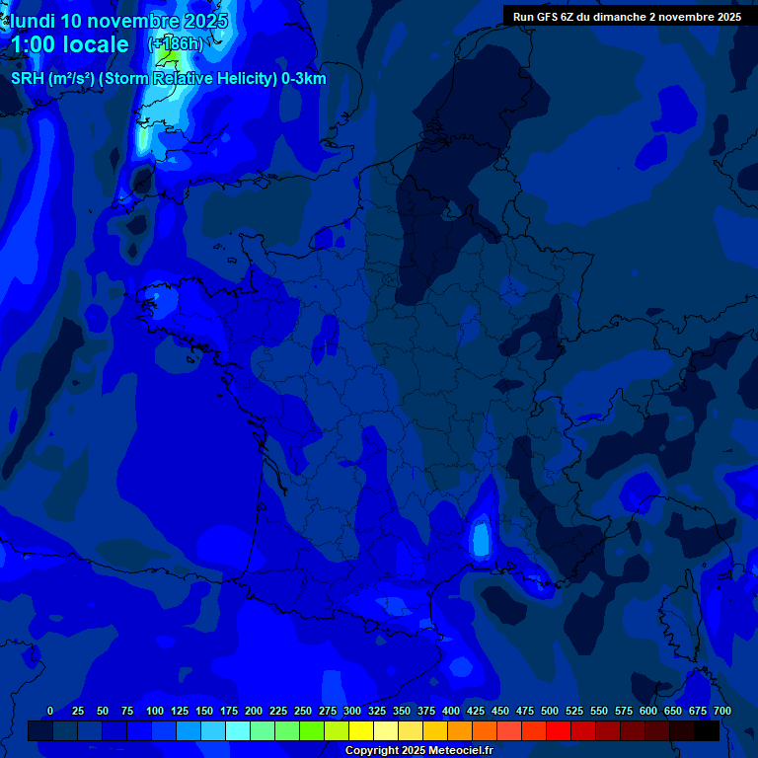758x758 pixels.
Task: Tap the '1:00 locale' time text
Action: [x=69, y=44]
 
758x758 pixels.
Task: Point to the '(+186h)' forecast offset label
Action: [x=175, y=43]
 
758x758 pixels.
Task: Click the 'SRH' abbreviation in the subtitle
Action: [x=28, y=79]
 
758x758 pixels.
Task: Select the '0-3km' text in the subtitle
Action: [x=304, y=79]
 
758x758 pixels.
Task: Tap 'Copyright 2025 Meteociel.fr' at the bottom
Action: [x=418, y=751]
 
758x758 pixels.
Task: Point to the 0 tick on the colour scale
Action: [x=50, y=711]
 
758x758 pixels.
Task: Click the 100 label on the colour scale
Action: [x=155, y=711]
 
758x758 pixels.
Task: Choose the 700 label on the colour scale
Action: [x=721, y=711]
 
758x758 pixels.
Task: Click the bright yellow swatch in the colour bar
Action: [x=361, y=730]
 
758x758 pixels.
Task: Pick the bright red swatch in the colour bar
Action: [x=559, y=730]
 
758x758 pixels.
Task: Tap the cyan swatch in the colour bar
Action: [x=238, y=730]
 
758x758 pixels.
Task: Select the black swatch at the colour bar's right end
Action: [x=707, y=730]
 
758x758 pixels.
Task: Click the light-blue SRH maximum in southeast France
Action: [x=481, y=540]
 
